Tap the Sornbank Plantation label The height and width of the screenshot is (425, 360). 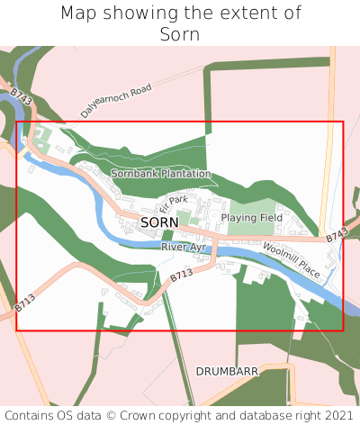160,173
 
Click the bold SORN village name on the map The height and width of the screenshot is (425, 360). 159,222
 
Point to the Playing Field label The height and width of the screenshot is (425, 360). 252,218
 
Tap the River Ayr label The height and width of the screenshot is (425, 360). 184,247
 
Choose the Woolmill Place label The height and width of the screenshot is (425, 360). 292,259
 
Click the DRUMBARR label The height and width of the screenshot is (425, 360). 227,370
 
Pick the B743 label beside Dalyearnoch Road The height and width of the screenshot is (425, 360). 22,98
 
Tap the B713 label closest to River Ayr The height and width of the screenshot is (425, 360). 182,276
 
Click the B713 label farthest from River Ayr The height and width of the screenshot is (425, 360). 24,303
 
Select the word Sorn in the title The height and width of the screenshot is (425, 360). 180,35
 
